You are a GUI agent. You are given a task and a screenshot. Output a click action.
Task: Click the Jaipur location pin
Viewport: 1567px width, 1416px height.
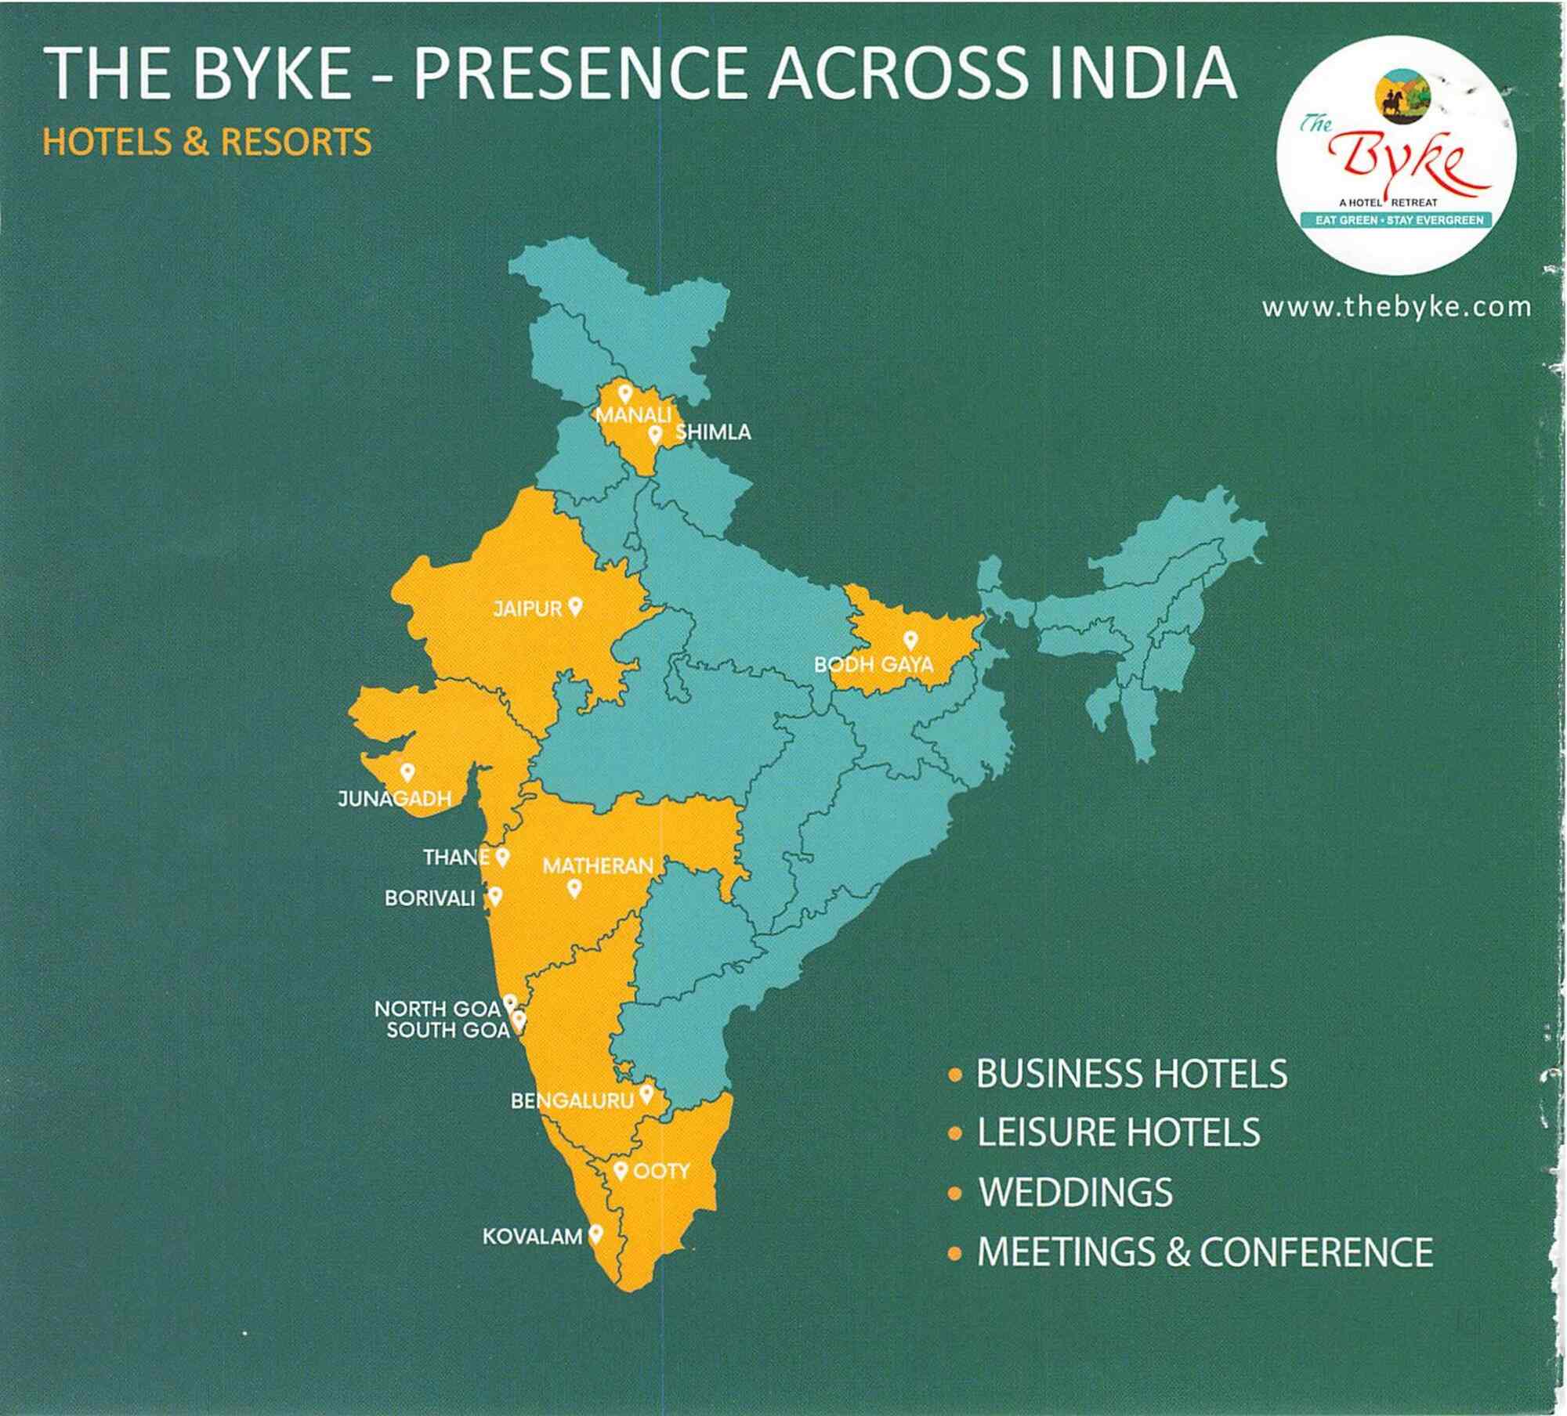[x=575, y=606]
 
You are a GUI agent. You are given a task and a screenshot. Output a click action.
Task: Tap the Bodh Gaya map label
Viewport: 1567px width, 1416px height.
[x=874, y=665]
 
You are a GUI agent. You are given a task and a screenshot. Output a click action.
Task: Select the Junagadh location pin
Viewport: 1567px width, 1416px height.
[x=407, y=772]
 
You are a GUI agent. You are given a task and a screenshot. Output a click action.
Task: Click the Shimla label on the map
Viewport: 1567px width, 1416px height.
[x=713, y=432]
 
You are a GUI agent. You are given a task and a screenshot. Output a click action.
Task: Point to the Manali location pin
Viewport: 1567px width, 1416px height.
[x=624, y=393]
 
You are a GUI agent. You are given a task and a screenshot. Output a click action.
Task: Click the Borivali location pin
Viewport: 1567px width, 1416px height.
[x=495, y=895]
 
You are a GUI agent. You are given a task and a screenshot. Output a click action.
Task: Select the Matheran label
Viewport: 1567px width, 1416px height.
[x=598, y=866]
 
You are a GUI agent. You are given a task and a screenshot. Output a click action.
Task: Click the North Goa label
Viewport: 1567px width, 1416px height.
[x=437, y=1009]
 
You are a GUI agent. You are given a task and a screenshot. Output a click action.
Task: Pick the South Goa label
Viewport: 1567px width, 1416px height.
[x=447, y=1030]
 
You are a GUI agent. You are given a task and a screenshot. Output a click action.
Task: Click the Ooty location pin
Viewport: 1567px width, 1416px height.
[x=621, y=1171]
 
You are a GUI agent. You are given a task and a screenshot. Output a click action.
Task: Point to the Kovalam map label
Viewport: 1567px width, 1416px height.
[x=532, y=1237]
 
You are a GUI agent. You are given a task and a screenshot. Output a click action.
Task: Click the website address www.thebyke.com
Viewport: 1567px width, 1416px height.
[x=1396, y=307]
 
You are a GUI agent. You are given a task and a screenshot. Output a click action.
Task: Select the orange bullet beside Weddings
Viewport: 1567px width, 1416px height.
[x=954, y=1193]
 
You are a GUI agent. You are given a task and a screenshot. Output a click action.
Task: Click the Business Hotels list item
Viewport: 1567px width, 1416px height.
[x=1131, y=1073]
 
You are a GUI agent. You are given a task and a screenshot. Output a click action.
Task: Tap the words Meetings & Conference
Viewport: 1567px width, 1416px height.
[x=1205, y=1252]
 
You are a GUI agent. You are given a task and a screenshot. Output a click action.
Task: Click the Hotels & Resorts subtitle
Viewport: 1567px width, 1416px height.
[x=207, y=143]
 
